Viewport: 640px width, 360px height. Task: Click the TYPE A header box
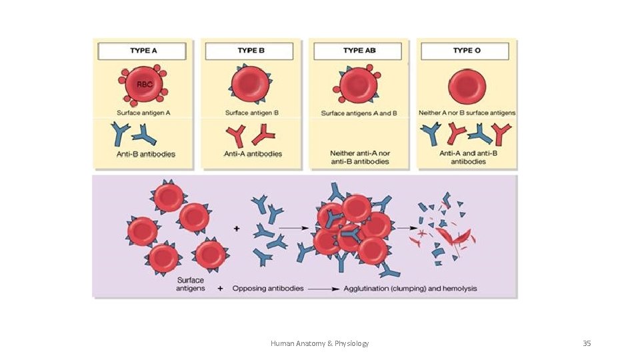pyautogui.click(x=142, y=51)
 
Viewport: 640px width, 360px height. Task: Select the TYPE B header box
pyautogui.click(x=249, y=51)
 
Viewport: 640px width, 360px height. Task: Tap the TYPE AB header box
pyautogui.click(x=358, y=51)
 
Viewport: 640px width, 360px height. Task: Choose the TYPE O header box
pyautogui.click(x=465, y=51)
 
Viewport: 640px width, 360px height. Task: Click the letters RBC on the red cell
pyautogui.click(x=145, y=85)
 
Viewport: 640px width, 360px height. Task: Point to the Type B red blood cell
pyautogui.click(x=250, y=85)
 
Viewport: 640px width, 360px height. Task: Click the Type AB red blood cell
pyautogui.click(x=357, y=84)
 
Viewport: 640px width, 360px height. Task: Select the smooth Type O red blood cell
pyautogui.click(x=467, y=86)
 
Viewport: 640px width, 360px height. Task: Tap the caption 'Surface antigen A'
pyautogui.click(x=144, y=113)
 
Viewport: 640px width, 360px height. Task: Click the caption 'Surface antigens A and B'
pyautogui.click(x=359, y=113)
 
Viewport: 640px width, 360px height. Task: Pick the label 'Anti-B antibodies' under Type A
pyautogui.click(x=146, y=154)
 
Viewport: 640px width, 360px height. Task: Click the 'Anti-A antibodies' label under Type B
pyautogui.click(x=253, y=154)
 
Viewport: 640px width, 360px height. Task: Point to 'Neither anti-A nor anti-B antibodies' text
pyautogui.click(x=360, y=157)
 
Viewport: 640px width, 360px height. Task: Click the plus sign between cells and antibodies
pyautogui.click(x=236, y=229)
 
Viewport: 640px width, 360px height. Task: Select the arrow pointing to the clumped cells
pyautogui.click(x=293, y=228)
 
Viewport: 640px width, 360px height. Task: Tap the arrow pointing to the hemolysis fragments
pyautogui.click(x=407, y=228)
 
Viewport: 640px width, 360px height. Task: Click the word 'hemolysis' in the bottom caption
pyautogui.click(x=460, y=289)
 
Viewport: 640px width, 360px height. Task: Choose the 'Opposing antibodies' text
pyautogui.click(x=268, y=289)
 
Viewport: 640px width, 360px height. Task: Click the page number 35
pyautogui.click(x=587, y=343)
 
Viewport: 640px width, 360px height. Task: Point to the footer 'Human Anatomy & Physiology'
pyautogui.click(x=319, y=344)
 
